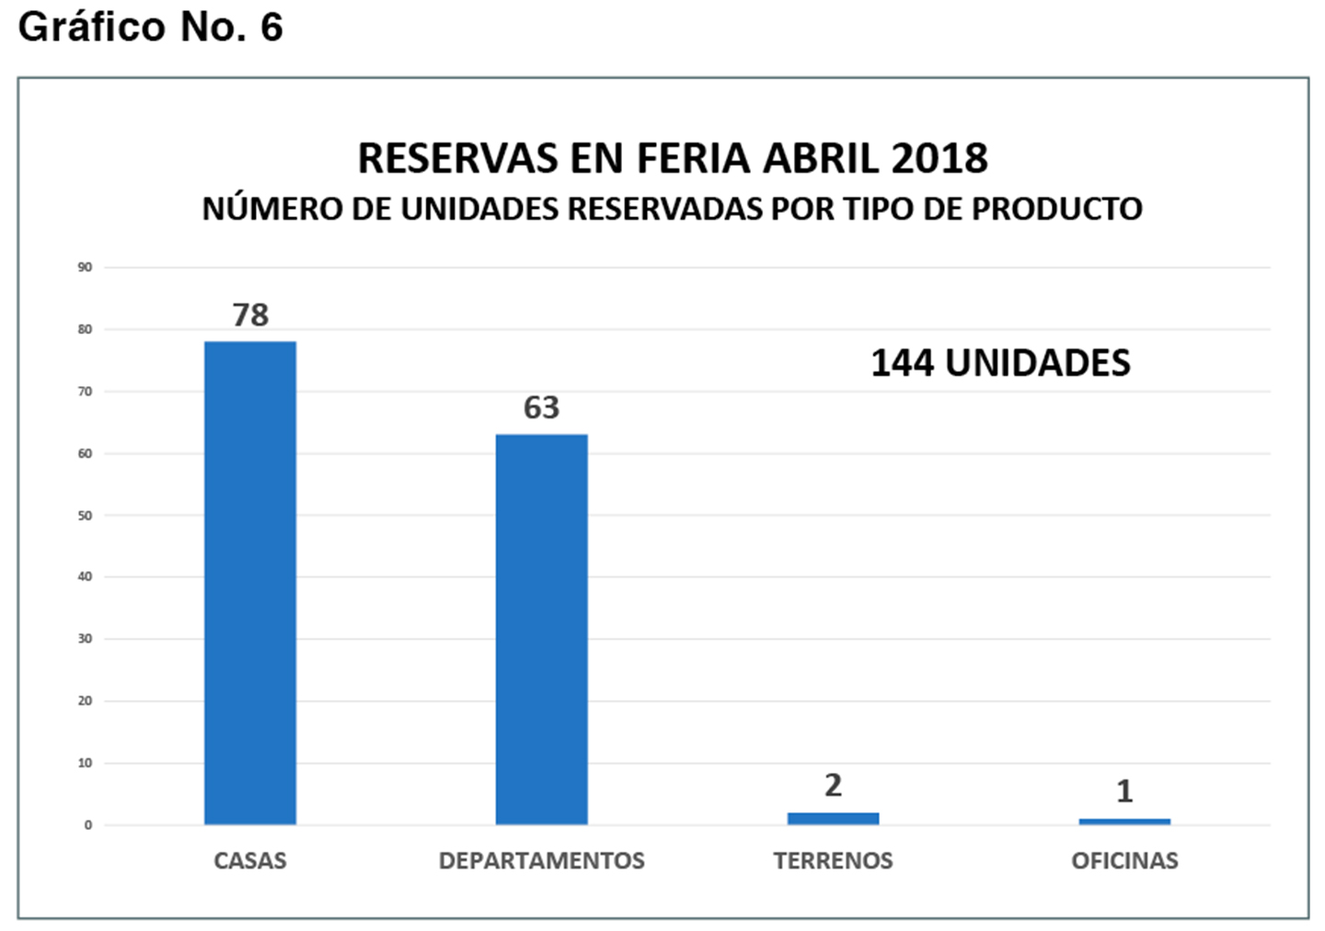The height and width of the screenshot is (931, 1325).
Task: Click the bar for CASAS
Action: tap(250, 582)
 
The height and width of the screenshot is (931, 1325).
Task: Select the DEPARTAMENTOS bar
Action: tap(541, 629)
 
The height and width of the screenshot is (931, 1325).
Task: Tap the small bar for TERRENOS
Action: tap(833, 819)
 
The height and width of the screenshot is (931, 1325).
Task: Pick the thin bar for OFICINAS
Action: tap(1124, 822)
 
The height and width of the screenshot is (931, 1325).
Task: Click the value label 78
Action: tap(250, 315)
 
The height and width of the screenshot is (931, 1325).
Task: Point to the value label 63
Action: tap(541, 408)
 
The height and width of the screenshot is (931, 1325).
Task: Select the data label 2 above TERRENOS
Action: tap(833, 785)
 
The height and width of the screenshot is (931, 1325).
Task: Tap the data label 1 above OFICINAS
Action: tap(1124, 791)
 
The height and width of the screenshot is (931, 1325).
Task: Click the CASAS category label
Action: tap(250, 861)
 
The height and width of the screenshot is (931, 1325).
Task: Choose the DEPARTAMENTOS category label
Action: tap(541, 861)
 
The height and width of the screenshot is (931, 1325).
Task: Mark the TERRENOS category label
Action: tap(833, 861)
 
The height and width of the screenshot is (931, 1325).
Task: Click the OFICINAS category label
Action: tap(1124, 861)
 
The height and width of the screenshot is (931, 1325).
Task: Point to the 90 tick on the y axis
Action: tap(86, 268)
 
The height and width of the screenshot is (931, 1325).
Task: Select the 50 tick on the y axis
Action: tap(86, 515)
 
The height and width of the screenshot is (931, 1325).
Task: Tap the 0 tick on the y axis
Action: tap(88, 825)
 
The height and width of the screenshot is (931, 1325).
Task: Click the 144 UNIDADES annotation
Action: tap(1000, 363)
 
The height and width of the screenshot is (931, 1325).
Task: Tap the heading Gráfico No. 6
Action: tap(150, 28)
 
